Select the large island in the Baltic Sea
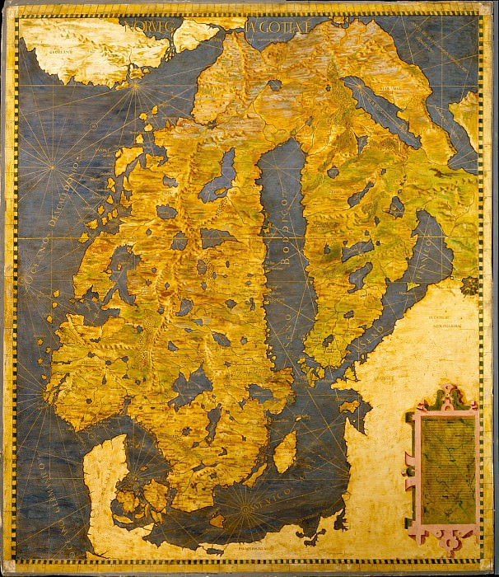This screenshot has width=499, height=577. [286, 452]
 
